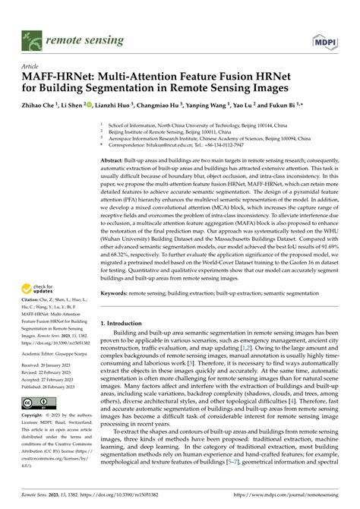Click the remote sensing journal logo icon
32,36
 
